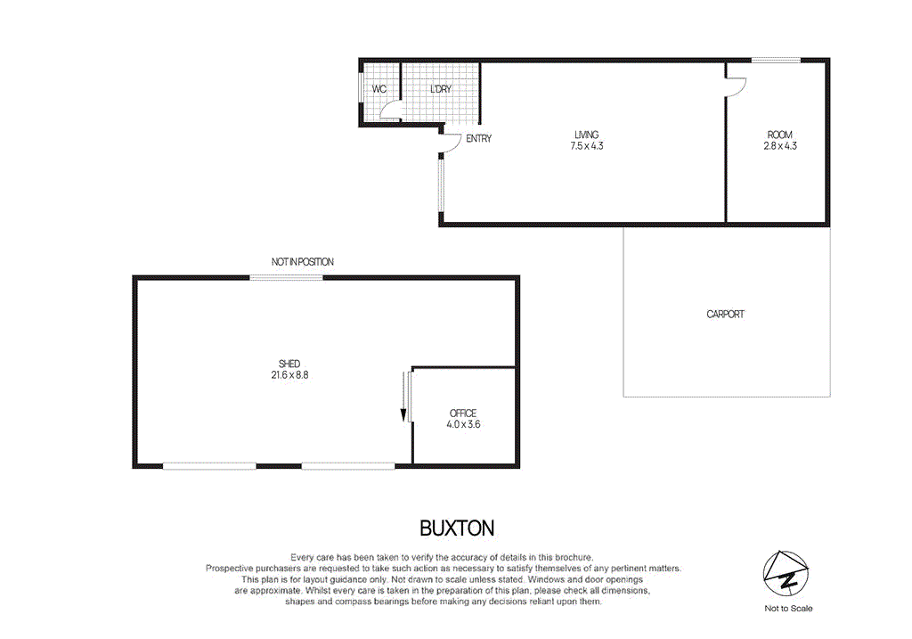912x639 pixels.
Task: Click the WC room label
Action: pos(379,90)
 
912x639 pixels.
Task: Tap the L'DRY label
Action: pos(440,90)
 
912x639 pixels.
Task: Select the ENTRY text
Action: pos(478,139)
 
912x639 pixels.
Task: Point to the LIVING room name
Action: pos(587,135)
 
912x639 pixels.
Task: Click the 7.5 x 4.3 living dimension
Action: pos(587,146)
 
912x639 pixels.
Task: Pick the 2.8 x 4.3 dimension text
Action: pos(780,145)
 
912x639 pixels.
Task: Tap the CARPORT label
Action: pos(725,315)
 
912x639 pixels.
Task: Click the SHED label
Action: pos(289,364)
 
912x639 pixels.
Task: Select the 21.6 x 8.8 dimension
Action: pos(289,375)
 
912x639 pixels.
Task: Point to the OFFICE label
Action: pos(463,414)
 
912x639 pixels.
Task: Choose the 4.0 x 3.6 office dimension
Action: pos(463,425)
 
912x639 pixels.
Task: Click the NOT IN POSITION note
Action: pos(303,262)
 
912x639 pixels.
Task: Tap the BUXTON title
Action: pos(456,528)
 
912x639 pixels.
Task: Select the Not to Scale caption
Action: pos(788,609)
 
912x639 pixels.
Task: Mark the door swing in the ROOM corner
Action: pos(736,86)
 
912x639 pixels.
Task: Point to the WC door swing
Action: pos(389,111)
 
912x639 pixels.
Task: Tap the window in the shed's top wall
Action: pos(286,278)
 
